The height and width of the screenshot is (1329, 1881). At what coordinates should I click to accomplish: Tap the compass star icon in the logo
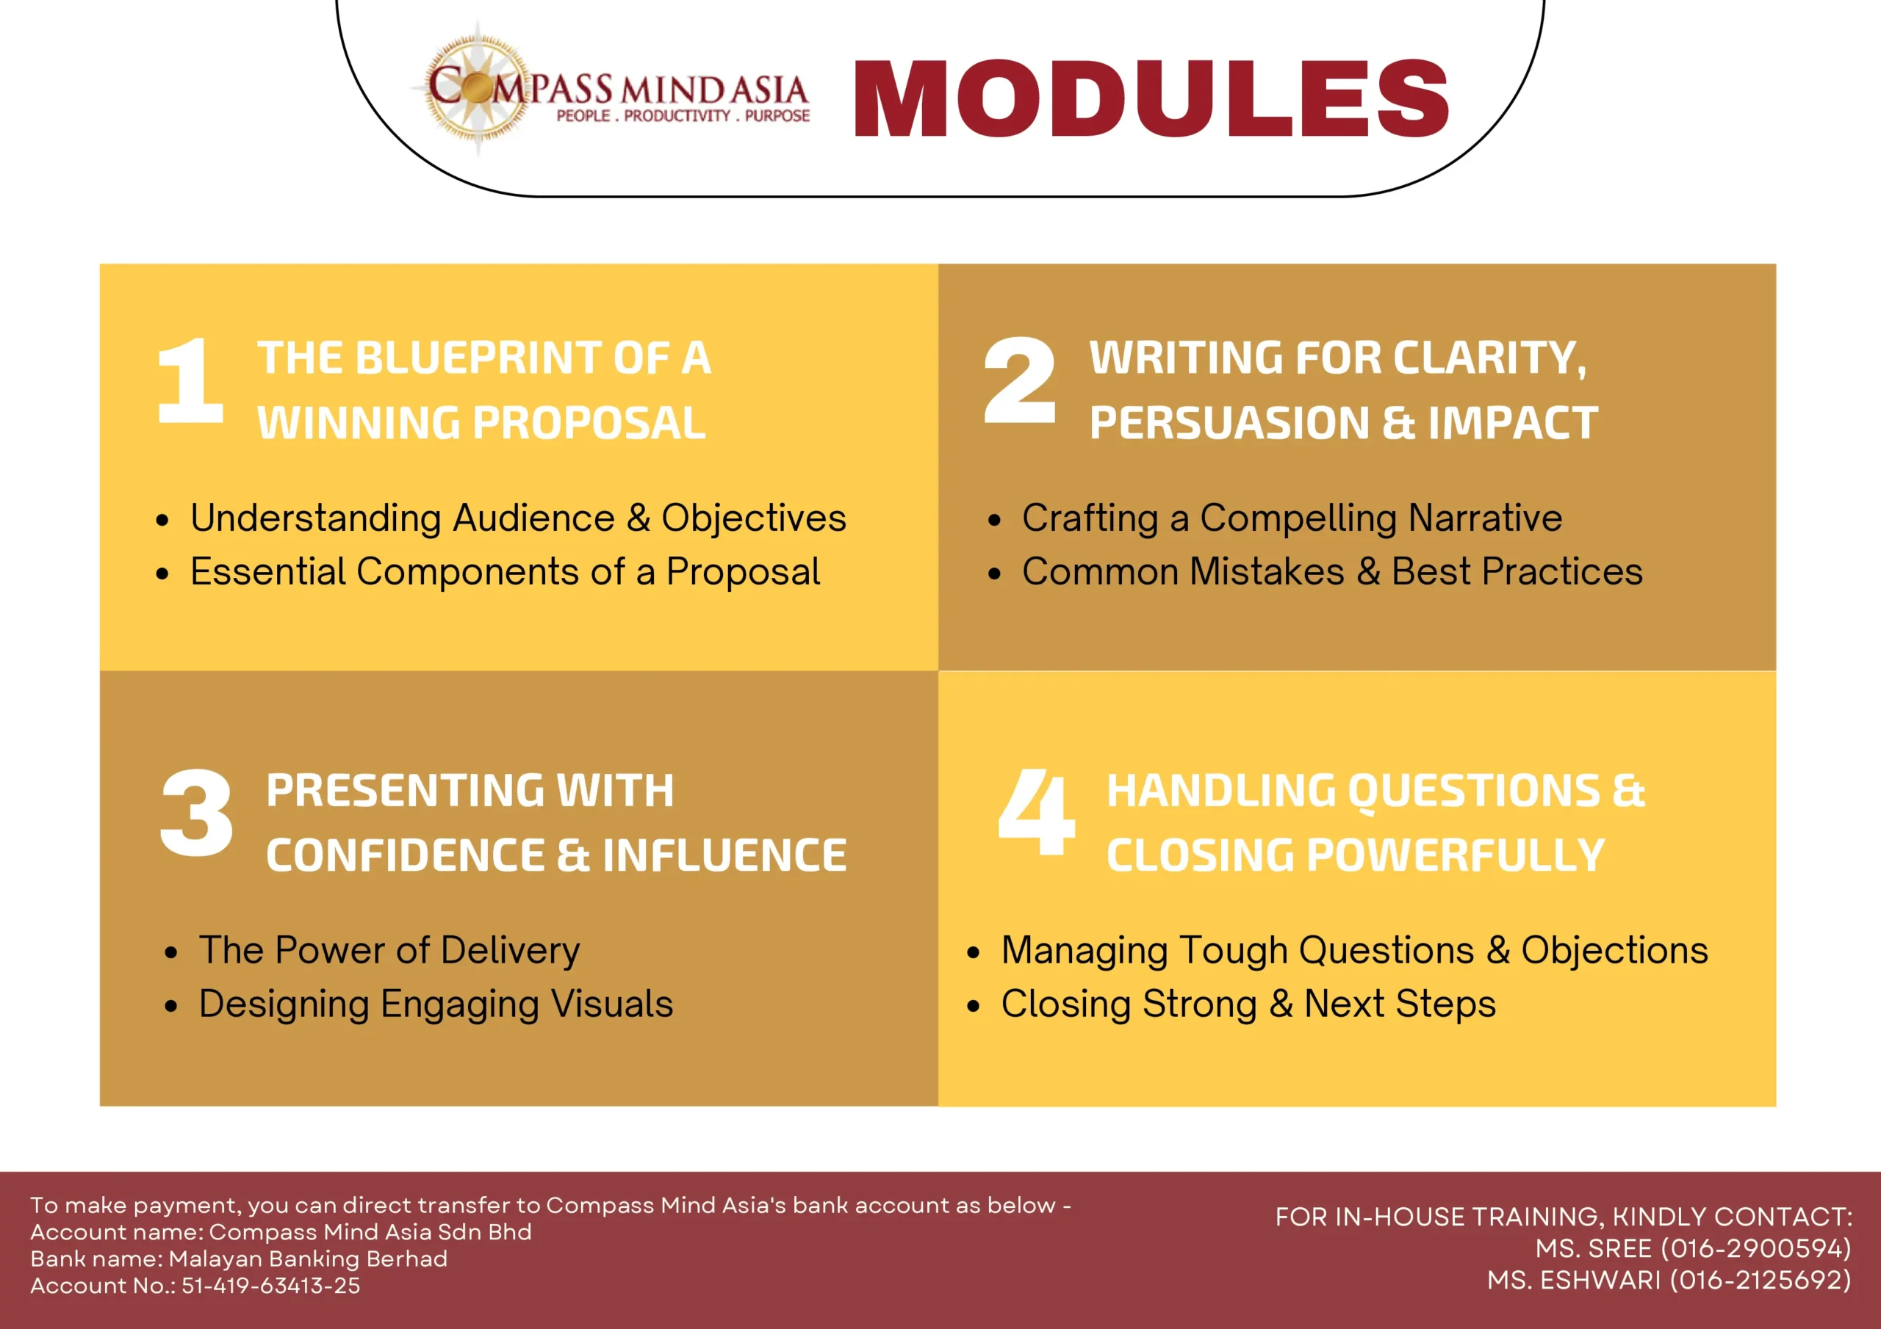(478, 87)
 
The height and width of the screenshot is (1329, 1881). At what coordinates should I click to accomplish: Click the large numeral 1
(191, 381)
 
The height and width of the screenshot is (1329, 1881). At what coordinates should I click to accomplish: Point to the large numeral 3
(197, 812)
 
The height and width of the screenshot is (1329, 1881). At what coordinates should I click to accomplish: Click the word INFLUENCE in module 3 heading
(724, 855)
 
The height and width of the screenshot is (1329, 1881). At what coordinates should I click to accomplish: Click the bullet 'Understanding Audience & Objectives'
(518, 518)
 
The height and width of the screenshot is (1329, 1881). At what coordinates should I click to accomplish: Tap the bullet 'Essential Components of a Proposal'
(505, 571)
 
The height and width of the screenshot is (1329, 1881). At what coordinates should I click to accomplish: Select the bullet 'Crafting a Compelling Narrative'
(1292, 518)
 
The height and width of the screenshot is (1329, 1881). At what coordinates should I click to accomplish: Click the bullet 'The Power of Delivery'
(389, 951)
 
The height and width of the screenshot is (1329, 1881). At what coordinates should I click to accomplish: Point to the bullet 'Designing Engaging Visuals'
(436, 1004)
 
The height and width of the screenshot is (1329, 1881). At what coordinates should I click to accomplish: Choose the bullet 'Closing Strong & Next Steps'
(1248, 1004)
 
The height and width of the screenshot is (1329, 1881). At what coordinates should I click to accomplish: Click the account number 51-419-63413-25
(270, 1286)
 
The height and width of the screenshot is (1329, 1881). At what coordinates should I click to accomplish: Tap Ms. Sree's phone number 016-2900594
(1755, 1249)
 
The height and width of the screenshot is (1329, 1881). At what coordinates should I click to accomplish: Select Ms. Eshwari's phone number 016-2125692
(1760, 1280)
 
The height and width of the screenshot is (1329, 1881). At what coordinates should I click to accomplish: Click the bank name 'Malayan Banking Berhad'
(308, 1259)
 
